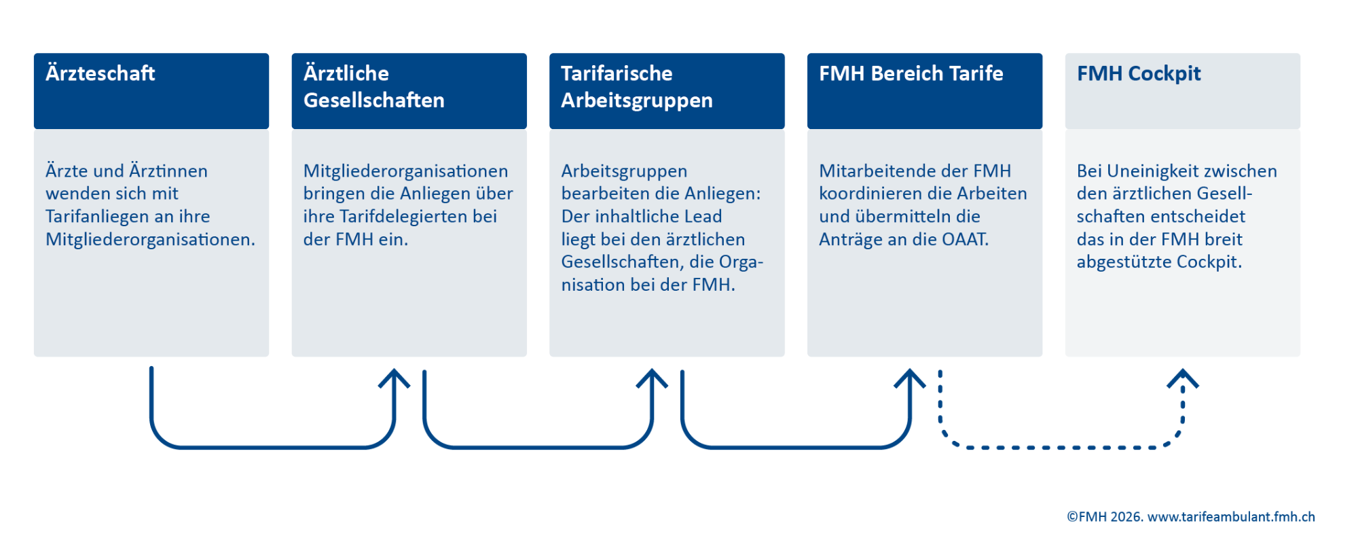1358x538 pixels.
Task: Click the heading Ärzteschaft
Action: click(100, 73)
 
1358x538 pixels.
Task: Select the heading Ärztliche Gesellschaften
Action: click(374, 86)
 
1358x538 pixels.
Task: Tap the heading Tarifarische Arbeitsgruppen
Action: click(637, 86)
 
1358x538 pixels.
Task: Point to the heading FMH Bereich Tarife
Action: click(911, 73)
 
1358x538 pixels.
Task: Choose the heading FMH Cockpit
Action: click(1139, 73)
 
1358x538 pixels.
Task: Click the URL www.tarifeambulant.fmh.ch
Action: click(1231, 517)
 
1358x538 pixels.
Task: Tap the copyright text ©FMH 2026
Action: click(1105, 517)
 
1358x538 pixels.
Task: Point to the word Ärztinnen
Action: click(168, 171)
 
